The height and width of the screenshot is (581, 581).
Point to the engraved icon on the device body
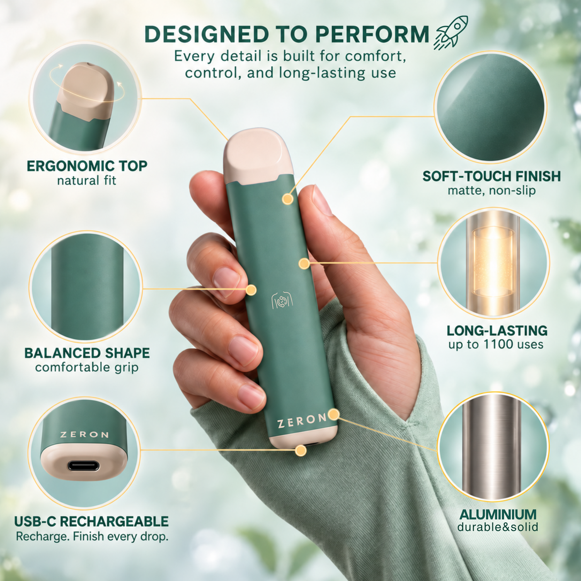point(282,301)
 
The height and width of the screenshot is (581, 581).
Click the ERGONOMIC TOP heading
point(87,166)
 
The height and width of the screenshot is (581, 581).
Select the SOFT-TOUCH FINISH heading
point(491,176)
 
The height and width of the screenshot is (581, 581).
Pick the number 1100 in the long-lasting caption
point(497,344)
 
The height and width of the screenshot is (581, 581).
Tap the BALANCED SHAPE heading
point(87,353)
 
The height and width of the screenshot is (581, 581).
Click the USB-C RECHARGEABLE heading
point(92,521)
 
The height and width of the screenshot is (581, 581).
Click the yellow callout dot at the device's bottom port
point(301,451)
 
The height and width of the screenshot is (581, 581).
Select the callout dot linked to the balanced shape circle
point(251,290)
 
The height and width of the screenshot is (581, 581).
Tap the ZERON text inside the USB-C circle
point(84,435)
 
